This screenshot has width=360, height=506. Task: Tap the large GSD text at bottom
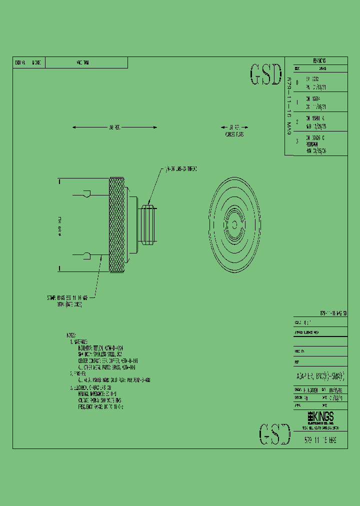(275, 434)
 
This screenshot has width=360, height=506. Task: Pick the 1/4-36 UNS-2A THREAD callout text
(181, 169)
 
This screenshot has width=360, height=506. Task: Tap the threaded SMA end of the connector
(148, 224)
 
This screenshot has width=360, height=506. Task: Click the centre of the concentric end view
(234, 218)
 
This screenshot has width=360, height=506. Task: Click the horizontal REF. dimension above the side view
(114, 127)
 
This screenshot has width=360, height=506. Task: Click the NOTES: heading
(70, 334)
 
